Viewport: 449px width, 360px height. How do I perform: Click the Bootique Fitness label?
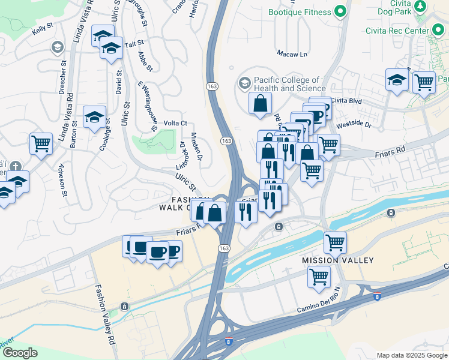tap(300, 12)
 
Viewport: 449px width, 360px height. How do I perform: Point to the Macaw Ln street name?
tap(292, 54)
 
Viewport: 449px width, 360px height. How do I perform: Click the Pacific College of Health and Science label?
tap(290, 84)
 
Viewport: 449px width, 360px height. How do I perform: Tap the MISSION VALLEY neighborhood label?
tap(337, 260)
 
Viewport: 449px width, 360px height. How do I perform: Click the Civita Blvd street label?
tap(346, 101)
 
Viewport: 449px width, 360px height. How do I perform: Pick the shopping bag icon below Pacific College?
tap(261, 103)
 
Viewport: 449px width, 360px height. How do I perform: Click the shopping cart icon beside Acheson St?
tap(41, 144)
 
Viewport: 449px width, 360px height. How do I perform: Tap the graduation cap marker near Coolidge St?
tap(94, 116)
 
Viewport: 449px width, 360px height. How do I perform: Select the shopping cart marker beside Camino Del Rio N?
tap(319, 277)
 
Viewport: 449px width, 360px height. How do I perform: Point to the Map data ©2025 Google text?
tap(412, 355)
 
